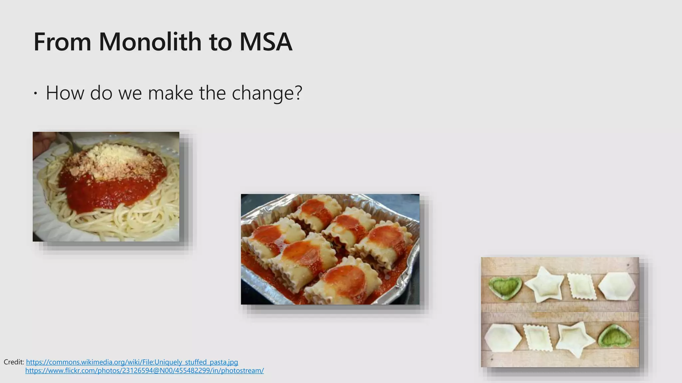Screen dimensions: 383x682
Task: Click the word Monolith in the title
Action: coord(150,42)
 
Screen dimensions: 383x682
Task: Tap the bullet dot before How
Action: coord(36,94)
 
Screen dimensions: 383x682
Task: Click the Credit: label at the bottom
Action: coord(14,362)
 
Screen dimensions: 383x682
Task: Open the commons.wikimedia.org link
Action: coord(132,362)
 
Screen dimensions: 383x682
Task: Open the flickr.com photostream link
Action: coord(145,370)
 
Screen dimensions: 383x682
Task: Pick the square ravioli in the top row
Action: coord(581,286)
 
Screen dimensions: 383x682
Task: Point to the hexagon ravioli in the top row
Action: coord(617,286)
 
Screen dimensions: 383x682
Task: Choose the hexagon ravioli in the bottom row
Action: coord(503,337)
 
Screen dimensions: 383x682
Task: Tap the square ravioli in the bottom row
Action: coord(538,337)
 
